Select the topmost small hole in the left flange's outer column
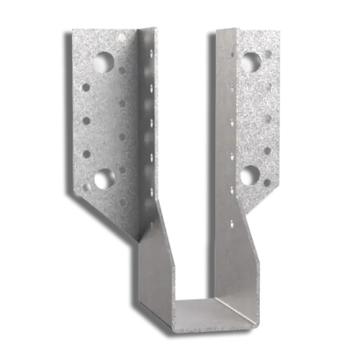(86, 88)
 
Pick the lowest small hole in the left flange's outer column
(86, 187)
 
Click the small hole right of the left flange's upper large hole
(122, 71)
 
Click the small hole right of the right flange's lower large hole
(267, 183)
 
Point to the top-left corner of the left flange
(60, 30)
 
